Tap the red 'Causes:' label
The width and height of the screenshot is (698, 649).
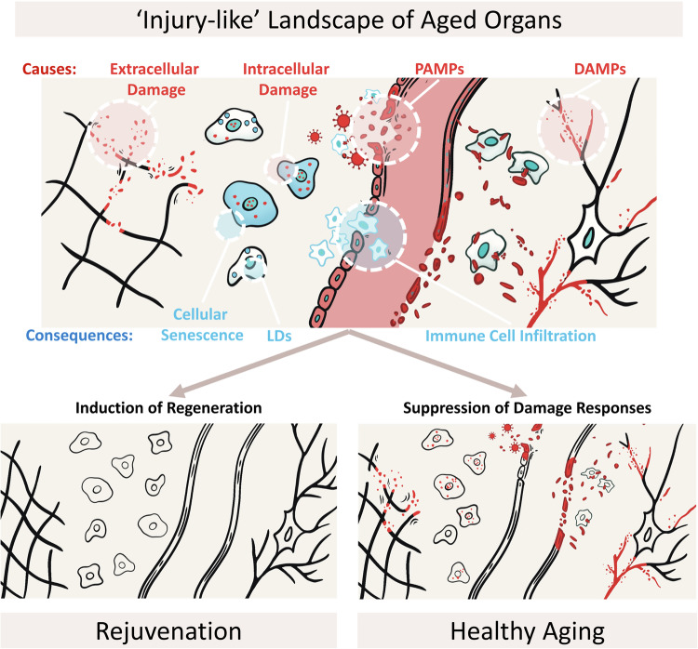click(x=49, y=69)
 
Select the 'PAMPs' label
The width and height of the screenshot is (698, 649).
click(x=439, y=69)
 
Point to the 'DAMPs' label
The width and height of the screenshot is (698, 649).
click(x=599, y=69)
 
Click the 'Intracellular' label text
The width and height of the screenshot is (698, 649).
click(x=286, y=69)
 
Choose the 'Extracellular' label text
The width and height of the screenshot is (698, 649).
click(x=154, y=69)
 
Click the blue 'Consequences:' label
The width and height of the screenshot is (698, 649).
click(x=79, y=335)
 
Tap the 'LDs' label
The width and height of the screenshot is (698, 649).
click(x=279, y=336)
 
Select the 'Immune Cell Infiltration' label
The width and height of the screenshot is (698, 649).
click(x=511, y=336)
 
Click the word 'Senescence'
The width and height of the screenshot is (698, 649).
click(x=202, y=335)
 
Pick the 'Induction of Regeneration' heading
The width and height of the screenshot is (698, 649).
click(x=168, y=407)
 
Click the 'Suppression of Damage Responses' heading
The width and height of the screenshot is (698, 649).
click(x=527, y=407)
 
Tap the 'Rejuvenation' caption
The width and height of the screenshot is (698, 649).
click(x=168, y=630)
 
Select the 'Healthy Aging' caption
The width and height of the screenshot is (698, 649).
click(x=528, y=631)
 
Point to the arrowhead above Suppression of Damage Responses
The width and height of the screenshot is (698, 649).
click(x=518, y=391)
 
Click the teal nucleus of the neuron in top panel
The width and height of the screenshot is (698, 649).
click(x=590, y=237)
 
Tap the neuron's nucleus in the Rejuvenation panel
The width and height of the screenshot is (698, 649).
click(x=289, y=533)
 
